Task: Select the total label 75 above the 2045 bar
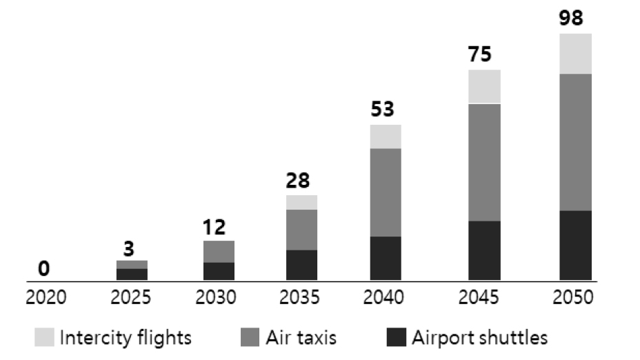click(484, 55)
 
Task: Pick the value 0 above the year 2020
click(43, 268)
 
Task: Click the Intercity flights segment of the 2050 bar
click(575, 53)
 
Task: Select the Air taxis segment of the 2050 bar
click(575, 141)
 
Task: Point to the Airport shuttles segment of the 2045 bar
click(484, 250)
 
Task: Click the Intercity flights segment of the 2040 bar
click(386, 137)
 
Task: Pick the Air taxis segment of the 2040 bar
click(386, 192)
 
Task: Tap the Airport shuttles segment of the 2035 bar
click(301, 266)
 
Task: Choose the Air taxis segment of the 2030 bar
click(219, 252)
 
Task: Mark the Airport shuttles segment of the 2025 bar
click(132, 274)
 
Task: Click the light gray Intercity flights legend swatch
click(44, 338)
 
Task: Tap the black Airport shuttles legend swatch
click(396, 338)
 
